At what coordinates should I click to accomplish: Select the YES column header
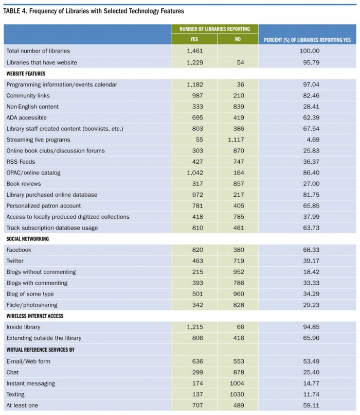point(194,39)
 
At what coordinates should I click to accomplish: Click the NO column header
point(238,39)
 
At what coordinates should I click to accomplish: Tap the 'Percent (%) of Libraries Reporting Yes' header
point(307,40)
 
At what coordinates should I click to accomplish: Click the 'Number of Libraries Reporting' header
point(214,29)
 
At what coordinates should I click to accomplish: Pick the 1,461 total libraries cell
point(195,51)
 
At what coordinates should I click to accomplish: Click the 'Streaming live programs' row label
point(38,140)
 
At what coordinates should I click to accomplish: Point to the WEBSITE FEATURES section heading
point(26,74)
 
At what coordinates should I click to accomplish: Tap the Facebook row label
point(19,250)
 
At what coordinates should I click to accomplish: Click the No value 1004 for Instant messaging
point(238,383)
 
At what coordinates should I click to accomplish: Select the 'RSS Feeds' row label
point(21,162)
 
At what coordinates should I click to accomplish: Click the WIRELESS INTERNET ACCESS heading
point(34,316)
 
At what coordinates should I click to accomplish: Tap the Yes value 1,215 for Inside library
point(195,327)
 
